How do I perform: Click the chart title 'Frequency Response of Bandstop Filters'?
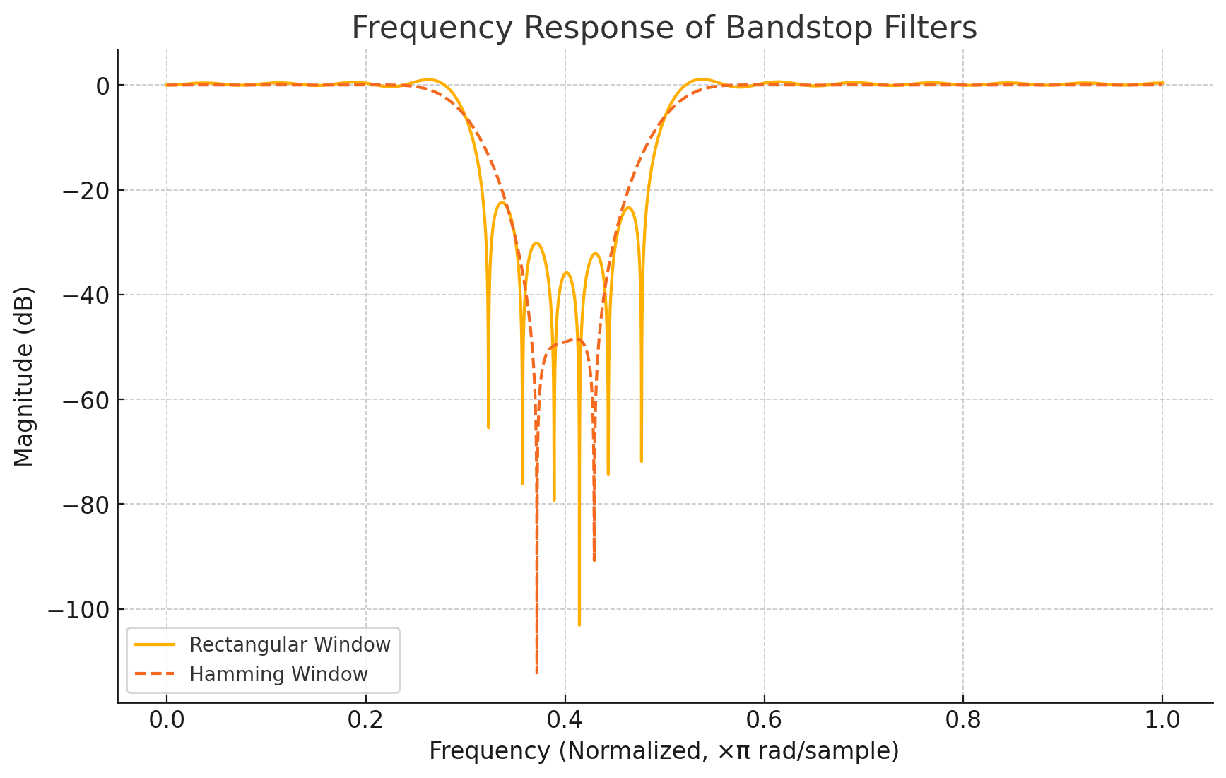click(x=664, y=28)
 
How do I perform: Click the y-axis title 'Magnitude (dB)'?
click(x=24, y=376)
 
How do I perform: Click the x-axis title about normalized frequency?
click(x=664, y=750)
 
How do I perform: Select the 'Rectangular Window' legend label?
click(x=290, y=644)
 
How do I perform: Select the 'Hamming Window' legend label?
click(x=278, y=674)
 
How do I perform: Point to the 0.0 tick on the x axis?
click(x=167, y=720)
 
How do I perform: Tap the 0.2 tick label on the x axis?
click(x=365, y=720)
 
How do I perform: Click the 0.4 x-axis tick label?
click(x=565, y=720)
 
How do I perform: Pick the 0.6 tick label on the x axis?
click(x=764, y=720)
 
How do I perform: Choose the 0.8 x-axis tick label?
click(x=963, y=720)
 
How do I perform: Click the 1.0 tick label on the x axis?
click(x=1162, y=720)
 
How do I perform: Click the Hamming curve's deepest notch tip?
click(x=536, y=672)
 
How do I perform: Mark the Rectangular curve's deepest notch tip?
click(x=579, y=625)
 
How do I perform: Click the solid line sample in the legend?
click(x=155, y=644)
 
